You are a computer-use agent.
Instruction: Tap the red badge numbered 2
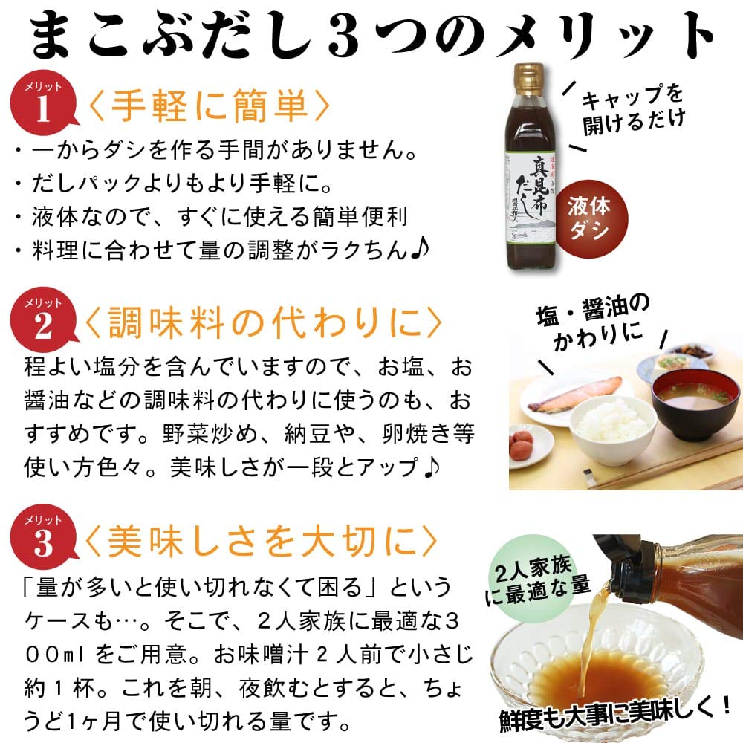point(43,319)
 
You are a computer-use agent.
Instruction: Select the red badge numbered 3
point(43,537)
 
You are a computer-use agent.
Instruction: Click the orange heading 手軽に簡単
point(209,106)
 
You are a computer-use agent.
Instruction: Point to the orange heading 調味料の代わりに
point(263,323)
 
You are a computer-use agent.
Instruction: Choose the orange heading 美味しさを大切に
point(261,541)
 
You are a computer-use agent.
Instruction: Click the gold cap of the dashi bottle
point(528,79)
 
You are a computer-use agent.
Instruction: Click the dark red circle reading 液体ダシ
point(591,218)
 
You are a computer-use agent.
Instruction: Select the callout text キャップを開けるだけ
point(632,110)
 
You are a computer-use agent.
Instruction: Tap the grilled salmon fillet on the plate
point(575,393)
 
